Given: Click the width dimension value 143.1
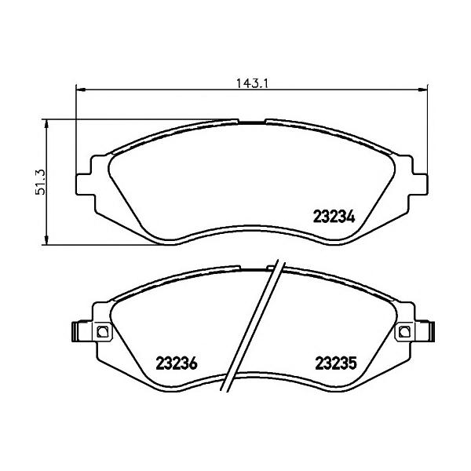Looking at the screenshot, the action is point(252,83).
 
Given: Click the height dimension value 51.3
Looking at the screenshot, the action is point(40,182).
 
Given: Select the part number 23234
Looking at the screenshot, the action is point(334,217).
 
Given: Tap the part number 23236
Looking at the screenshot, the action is point(177,363).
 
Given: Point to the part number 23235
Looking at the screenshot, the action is point(336,363).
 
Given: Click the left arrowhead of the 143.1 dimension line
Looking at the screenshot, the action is point(81,89).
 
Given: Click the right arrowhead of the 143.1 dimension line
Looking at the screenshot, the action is point(423,89).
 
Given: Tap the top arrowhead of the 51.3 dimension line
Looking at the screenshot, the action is point(46,124).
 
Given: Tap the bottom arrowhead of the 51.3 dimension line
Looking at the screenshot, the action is point(46,239).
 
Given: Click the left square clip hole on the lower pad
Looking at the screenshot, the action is point(102,331).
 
